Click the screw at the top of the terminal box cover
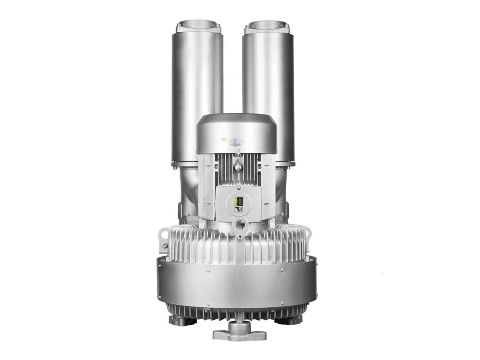(238, 188)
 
